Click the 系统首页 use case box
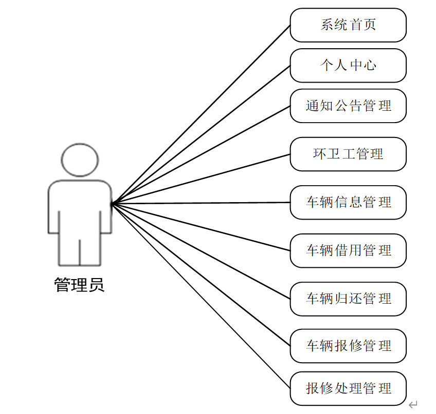(348, 25)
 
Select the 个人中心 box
(348, 66)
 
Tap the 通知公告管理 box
(348, 106)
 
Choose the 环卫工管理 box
(348, 154)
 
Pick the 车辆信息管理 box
(348, 202)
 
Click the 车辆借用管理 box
(348, 250)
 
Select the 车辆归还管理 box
(348, 299)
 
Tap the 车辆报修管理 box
(348, 346)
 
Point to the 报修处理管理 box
(348, 388)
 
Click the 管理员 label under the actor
(79, 285)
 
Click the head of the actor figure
(80, 160)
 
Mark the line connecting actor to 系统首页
(201, 114)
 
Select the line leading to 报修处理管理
(201, 296)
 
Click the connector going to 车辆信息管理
(201, 203)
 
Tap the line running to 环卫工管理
(201, 179)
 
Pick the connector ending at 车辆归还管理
(201, 251)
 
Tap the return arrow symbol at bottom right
(413, 405)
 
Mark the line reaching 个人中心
(201, 135)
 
